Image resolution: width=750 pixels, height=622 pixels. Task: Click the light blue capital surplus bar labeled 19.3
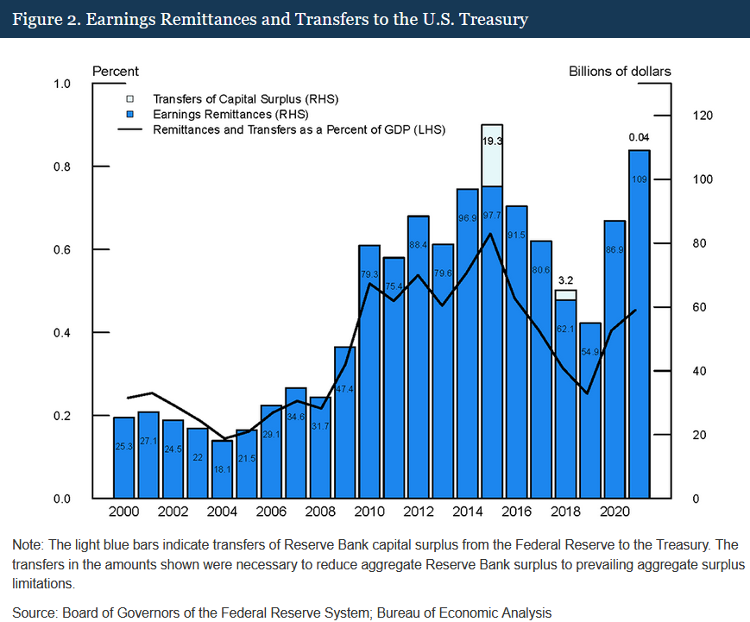click(492, 155)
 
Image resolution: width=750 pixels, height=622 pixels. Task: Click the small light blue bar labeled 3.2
click(565, 295)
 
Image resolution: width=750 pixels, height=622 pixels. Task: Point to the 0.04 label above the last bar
click(639, 137)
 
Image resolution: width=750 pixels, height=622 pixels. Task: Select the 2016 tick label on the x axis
click(517, 511)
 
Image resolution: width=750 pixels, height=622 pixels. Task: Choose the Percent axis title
click(115, 71)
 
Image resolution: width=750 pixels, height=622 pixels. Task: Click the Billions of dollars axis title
click(619, 71)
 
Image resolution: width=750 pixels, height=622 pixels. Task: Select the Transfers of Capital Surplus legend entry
click(244, 99)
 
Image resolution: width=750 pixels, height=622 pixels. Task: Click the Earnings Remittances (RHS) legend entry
click(230, 114)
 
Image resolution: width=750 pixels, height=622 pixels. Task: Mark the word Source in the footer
click(33, 613)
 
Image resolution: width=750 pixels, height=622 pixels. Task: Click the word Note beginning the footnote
click(27, 545)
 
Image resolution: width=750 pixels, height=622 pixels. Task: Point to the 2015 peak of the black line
click(491, 234)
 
